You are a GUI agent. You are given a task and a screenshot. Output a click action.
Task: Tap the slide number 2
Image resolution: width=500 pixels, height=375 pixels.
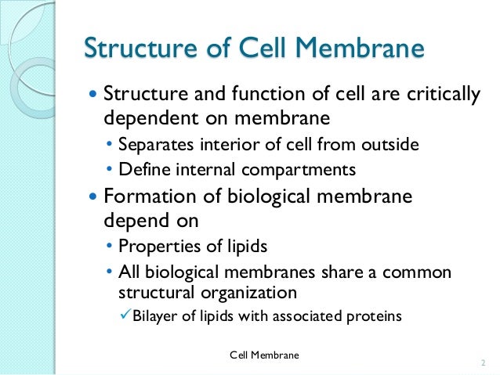pos(482,363)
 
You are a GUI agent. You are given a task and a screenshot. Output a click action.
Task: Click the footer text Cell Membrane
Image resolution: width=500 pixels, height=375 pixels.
pos(264,356)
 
